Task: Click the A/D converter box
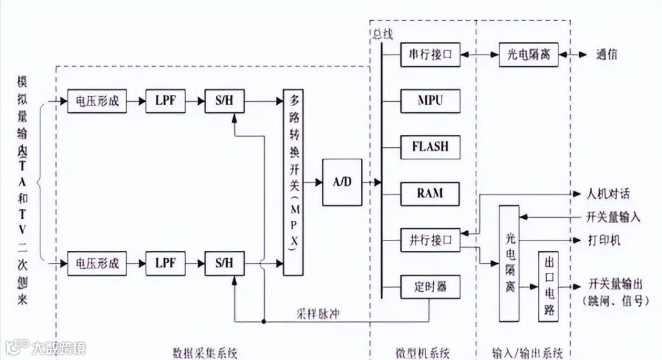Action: [342, 182]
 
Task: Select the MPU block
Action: [430, 101]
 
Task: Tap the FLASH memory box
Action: [430, 147]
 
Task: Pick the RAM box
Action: [430, 194]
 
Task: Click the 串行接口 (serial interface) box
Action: [430, 55]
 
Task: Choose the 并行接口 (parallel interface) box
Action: [430, 240]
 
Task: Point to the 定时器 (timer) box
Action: [430, 286]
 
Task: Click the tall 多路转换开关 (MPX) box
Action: [294, 181]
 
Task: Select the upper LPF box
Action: [165, 101]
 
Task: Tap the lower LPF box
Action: [165, 264]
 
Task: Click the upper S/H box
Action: [224, 101]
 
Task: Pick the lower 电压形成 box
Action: [97, 264]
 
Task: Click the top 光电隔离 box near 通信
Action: [528, 55]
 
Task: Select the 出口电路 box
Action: [548, 286]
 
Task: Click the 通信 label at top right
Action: [606, 55]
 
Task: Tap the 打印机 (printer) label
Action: [604, 240]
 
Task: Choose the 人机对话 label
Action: [608, 194]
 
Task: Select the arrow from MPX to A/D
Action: [313, 182]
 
